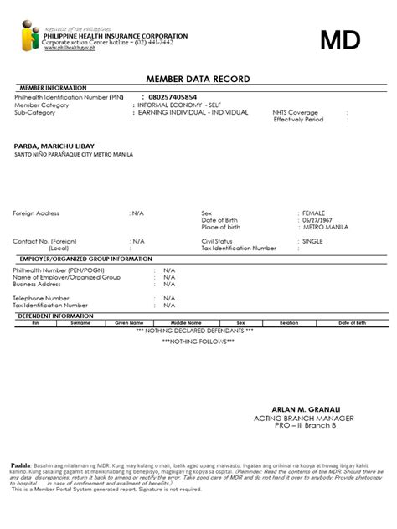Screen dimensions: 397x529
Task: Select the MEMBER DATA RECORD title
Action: click(x=198, y=79)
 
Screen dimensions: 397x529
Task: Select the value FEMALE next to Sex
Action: click(x=315, y=213)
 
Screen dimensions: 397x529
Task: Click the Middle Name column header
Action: click(x=186, y=322)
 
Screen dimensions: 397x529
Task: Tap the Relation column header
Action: click(x=289, y=322)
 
